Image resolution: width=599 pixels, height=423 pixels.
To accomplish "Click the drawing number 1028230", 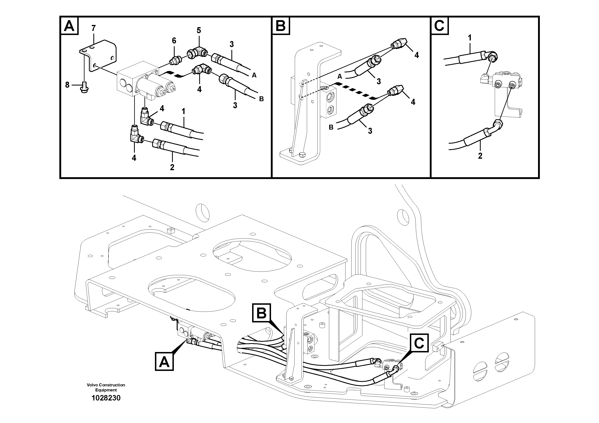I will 106,398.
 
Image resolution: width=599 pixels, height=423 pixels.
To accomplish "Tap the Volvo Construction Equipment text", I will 106,387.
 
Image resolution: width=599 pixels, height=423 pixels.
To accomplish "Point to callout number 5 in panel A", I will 199,31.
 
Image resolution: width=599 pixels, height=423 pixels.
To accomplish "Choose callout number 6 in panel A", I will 174,40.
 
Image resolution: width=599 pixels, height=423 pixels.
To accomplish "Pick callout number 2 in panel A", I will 172,167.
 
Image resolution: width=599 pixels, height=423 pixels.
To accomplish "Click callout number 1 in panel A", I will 184,112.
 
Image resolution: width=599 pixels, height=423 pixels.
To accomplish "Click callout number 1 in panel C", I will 470,38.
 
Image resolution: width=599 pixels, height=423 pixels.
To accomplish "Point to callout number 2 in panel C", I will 480,156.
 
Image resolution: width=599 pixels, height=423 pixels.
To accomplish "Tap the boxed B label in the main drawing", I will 261,313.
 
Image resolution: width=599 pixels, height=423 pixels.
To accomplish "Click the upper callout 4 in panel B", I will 417,55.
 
